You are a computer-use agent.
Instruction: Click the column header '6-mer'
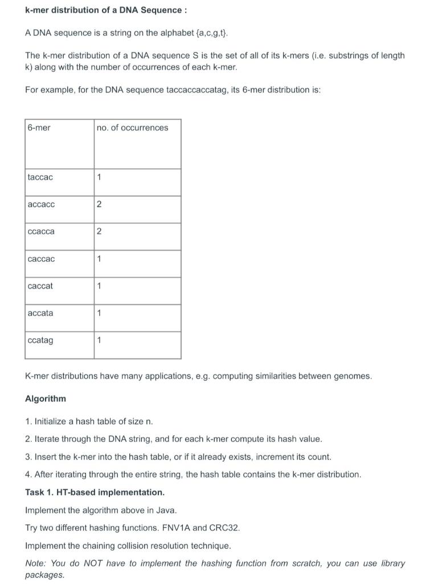[x=39, y=128]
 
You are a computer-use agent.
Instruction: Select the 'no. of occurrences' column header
[x=132, y=128]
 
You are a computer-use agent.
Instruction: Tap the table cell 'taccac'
[x=40, y=177]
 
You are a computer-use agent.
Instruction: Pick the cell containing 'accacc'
[x=42, y=204]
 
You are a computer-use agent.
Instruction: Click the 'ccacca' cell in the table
[x=42, y=232]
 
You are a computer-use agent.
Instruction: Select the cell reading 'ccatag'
[x=40, y=340]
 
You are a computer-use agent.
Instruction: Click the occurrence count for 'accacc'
[x=99, y=205]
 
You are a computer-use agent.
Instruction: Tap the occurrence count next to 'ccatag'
[x=99, y=340]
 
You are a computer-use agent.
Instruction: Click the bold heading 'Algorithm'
[x=46, y=399]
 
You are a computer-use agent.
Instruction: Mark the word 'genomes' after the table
[x=354, y=376]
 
